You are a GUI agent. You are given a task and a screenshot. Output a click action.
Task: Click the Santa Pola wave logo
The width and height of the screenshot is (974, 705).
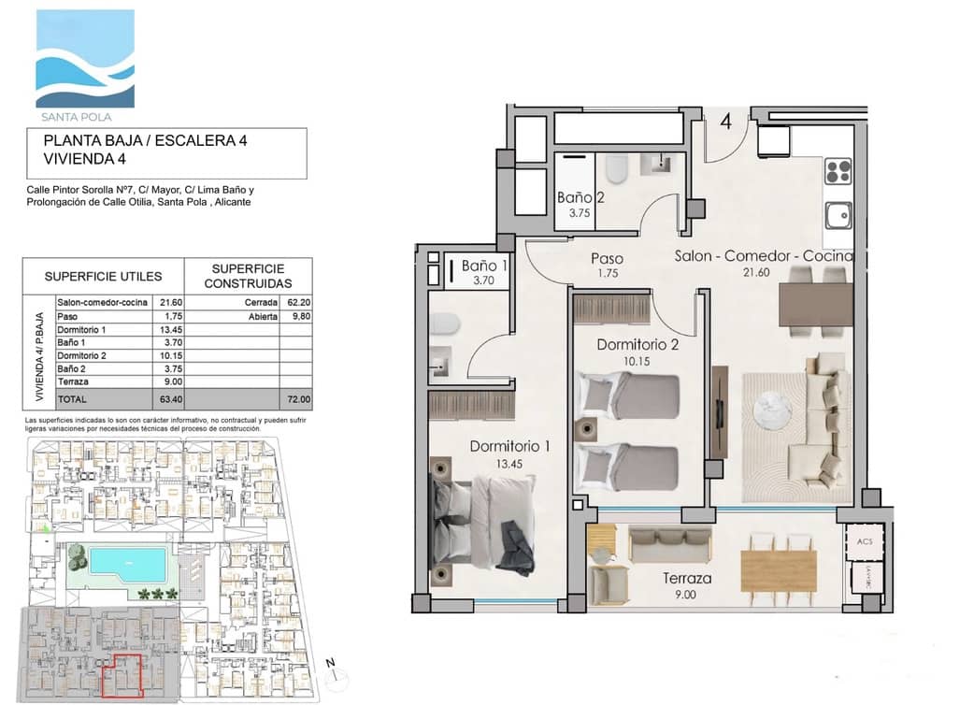pos(85,60)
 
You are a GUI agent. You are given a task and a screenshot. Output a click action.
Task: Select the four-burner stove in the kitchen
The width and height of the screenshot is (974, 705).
pos(838,172)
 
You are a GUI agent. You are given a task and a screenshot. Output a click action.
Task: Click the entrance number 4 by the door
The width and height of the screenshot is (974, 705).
pos(725,120)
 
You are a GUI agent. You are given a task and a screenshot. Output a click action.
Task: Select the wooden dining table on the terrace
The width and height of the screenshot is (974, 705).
pos(778,565)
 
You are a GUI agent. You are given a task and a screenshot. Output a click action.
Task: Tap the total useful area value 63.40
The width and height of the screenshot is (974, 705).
pos(171,398)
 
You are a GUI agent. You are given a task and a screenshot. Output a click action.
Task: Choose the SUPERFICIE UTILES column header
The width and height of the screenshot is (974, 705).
pos(103,277)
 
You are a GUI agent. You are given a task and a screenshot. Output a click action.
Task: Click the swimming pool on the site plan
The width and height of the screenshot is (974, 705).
pos(129,563)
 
